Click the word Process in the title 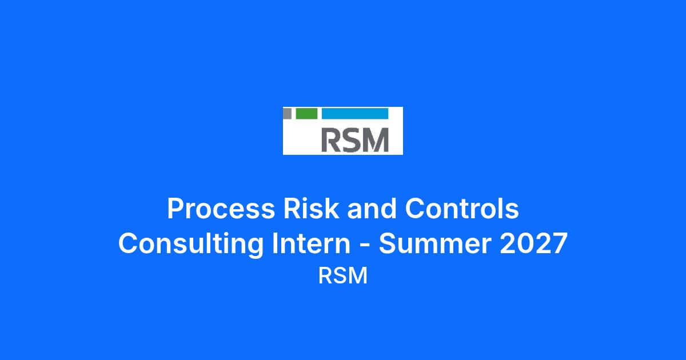[221, 209]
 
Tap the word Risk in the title [310, 208]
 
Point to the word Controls [462, 208]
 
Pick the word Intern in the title [311, 243]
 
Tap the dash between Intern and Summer [365, 246]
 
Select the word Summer [435, 243]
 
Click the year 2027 [534, 243]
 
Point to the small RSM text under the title [343, 276]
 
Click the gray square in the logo [287, 113]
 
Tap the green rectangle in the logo [306, 113]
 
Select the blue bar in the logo [355, 113]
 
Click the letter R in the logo [331, 140]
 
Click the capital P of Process [176, 208]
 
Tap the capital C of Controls [414, 208]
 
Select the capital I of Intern [274, 243]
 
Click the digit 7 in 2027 [560, 243]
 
